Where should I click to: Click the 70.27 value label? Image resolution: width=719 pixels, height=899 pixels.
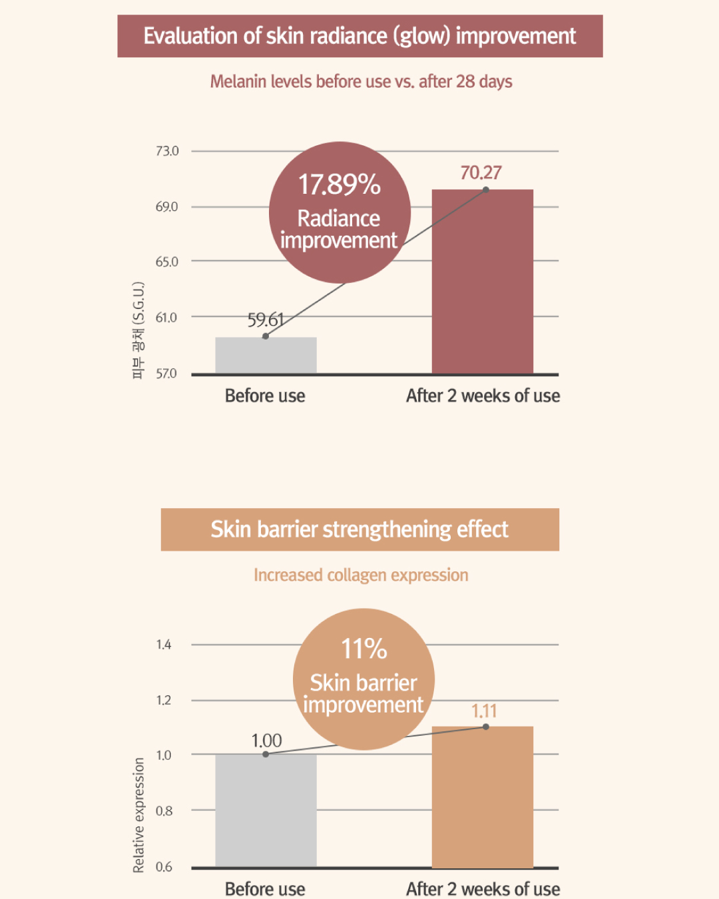(x=481, y=172)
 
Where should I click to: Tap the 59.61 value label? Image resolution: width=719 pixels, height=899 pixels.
(x=266, y=320)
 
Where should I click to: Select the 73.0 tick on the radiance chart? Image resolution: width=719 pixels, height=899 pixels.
(x=167, y=150)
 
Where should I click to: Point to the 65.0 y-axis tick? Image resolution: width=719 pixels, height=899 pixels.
(x=167, y=262)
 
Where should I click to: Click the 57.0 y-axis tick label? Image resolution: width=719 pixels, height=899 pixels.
(x=166, y=374)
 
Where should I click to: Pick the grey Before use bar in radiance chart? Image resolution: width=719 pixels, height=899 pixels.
(x=266, y=355)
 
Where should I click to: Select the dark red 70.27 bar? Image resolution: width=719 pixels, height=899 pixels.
(x=483, y=282)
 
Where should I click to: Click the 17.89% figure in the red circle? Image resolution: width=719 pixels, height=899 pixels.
(x=340, y=184)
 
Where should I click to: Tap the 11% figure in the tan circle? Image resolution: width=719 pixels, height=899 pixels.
(x=364, y=649)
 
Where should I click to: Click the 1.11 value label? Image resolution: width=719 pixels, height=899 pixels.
(x=484, y=711)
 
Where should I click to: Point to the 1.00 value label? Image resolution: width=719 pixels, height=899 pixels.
(x=266, y=741)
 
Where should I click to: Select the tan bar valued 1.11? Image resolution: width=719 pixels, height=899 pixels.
(x=483, y=797)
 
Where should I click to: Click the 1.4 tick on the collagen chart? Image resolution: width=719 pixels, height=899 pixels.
(x=164, y=645)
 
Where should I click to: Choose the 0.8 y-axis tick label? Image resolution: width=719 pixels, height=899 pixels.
(x=164, y=811)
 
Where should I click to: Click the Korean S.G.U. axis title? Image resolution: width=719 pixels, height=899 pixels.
(x=138, y=331)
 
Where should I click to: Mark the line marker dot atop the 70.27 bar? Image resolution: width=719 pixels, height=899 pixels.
(x=486, y=190)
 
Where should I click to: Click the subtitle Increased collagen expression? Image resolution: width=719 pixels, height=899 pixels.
(x=361, y=575)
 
